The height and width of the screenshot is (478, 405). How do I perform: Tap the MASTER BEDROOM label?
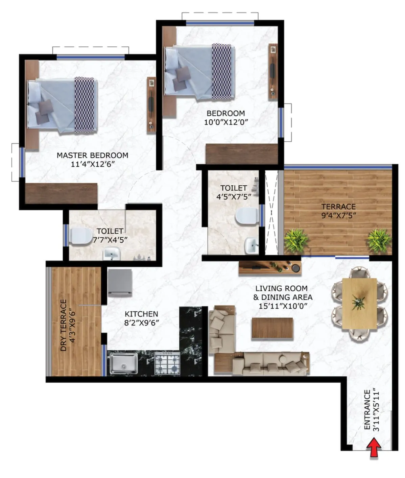(x=92, y=156)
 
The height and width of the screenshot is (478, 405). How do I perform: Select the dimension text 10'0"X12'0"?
(x=226, y=122)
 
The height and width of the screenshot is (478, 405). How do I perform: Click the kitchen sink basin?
(x=122, y=363)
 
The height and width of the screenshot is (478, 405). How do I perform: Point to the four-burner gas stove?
(x=167, y=363)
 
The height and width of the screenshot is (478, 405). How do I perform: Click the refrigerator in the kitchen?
(x=120, y=283)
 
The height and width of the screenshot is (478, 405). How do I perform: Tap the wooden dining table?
(x=359, y=303)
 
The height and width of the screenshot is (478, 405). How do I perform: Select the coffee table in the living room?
(x=272, y=328)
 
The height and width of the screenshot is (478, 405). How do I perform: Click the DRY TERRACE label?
(x=63, y=325)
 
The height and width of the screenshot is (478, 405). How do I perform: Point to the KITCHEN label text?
(x=141, y=314)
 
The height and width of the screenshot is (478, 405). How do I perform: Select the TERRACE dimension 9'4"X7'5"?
(x=338, y=215)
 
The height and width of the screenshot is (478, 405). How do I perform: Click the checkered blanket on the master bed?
(x=84, y=104)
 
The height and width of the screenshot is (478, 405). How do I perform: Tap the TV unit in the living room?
(x=269, y=267)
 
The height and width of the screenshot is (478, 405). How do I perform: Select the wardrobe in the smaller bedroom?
(x=242, y=154)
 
